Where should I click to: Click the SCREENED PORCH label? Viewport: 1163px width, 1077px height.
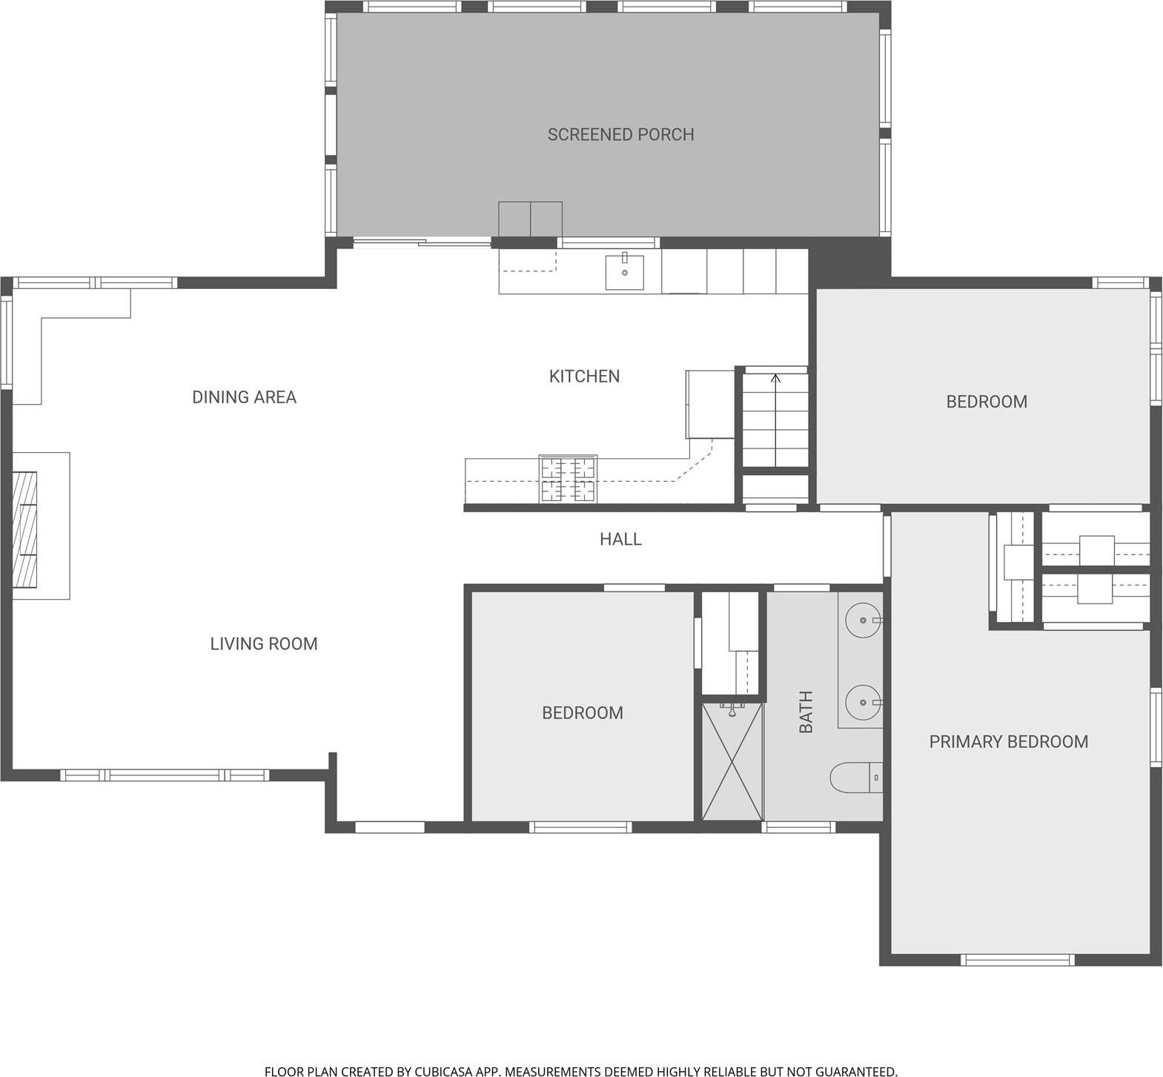[620, 134]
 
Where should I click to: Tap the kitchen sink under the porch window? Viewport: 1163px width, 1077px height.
[624, 272]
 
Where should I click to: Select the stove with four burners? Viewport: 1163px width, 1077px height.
[568, 479]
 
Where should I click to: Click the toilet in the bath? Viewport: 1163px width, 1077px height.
[856, 778]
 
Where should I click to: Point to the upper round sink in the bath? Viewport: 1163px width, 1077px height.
[864, 619]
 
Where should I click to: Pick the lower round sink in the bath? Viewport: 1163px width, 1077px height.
[864, 701]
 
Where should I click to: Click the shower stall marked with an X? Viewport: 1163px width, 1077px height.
[732, 761]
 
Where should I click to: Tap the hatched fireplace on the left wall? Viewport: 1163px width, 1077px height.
[24, 528]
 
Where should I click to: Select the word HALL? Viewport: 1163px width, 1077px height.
[620, 539]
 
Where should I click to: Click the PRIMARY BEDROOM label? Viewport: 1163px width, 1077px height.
[1008, 741]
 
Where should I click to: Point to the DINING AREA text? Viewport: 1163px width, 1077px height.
[244, 397]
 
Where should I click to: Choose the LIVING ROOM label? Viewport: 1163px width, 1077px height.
[263, 643]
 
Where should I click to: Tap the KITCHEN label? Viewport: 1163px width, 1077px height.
[584, 376]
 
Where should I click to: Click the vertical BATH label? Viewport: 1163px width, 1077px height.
[806, 712]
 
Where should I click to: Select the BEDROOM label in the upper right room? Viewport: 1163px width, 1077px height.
[986, 401]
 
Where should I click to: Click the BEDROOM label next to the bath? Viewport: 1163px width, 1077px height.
[582, 712]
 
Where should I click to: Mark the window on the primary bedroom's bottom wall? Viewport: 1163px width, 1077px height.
[1017, 959]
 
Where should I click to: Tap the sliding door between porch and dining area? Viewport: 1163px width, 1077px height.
[421, 242]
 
